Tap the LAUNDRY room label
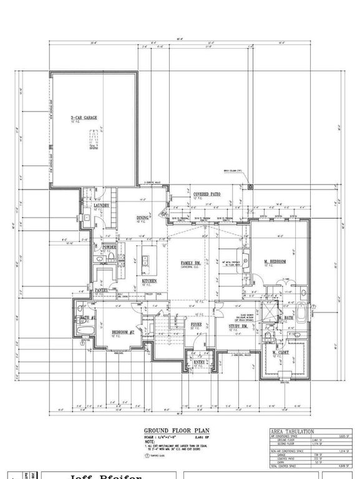(x=102, y=205)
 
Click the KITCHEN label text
(x=148, y=281)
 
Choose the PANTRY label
(x=102, y=290)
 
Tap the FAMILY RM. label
(x=191, y=263)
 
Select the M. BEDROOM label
(x=274, y=261)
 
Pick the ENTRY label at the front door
(x=200, y=362)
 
